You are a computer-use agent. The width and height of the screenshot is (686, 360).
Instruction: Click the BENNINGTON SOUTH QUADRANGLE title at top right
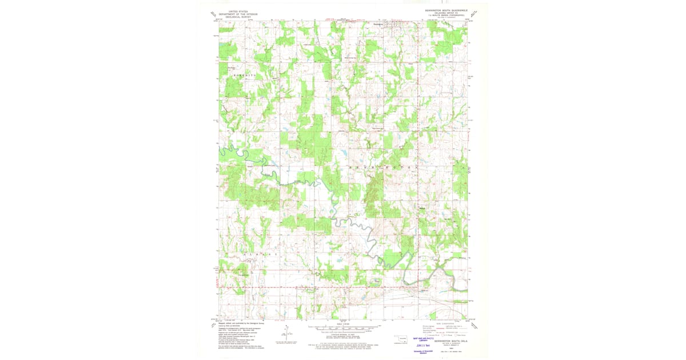pyautogui.click(x=446, y=10)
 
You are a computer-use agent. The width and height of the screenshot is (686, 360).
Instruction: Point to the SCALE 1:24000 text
pyautogui.click(x=343, y=323)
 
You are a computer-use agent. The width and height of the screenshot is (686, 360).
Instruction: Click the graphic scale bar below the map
pyautogui.click(x=343, y=329)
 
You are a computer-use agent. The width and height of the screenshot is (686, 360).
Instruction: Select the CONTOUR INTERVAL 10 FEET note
pyautogui.click(x=343, y=335)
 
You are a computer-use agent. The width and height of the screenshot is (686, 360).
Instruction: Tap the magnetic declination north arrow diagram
pyautogui.click(x=288, y=335)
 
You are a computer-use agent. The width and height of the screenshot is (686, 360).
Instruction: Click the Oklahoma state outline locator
pyautogui.click(x=404, y=338)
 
